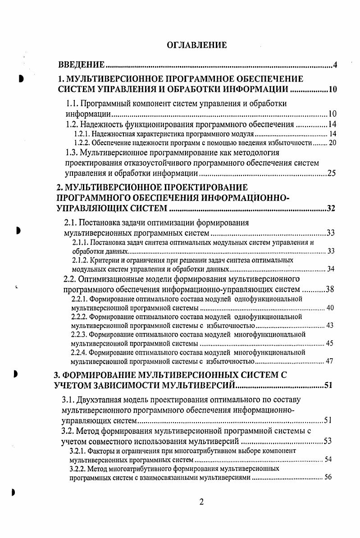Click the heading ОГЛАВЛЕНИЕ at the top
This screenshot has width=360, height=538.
[196, 45]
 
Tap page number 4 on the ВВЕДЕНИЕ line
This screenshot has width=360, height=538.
[335, 66]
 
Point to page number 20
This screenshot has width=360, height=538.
[333, 143]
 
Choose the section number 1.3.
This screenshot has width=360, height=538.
[73, 152]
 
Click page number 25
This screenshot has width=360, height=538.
[331, 173]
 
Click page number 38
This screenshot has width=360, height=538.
[329, 289]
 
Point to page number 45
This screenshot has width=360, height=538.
[329, 344]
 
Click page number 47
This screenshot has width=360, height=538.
[329, 361]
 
